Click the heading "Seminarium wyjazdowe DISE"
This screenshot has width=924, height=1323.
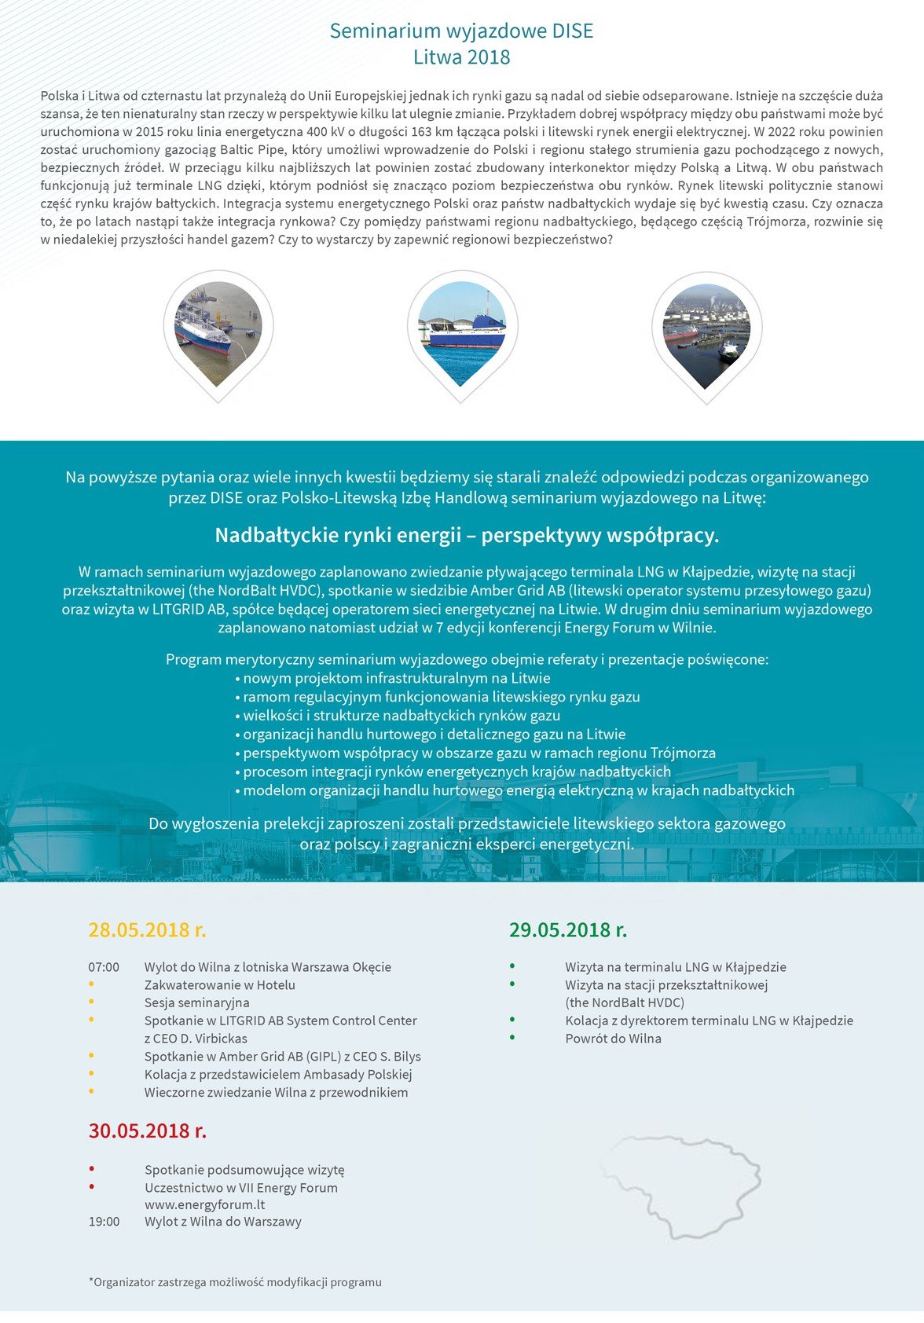coord(461,31)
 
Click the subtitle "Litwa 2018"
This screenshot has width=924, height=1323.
coord(461,57)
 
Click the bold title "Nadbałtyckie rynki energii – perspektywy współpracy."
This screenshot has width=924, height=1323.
coord(467,536)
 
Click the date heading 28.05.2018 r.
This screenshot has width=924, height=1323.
coord(147,930)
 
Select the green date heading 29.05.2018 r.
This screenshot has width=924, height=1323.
coord(567,930)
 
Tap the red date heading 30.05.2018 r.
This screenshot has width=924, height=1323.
coord(147,1131)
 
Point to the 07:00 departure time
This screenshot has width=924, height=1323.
coord(104,967)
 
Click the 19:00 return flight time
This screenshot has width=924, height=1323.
coord(104,1222)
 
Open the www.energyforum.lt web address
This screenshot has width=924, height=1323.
coord(204,1204)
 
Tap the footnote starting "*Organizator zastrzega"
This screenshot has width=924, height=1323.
coord(235,1282)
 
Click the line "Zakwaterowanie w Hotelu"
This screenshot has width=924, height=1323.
coord(219,985)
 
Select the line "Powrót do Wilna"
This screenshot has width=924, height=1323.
coord(613,1039)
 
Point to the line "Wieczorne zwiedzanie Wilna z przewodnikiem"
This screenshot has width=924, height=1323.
coord(276,1093)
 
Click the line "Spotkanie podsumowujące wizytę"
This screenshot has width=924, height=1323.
coord(244,1170)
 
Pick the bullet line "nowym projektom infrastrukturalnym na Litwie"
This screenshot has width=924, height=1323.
coord(396,678)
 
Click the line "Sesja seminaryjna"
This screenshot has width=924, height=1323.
coord(196,1002)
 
